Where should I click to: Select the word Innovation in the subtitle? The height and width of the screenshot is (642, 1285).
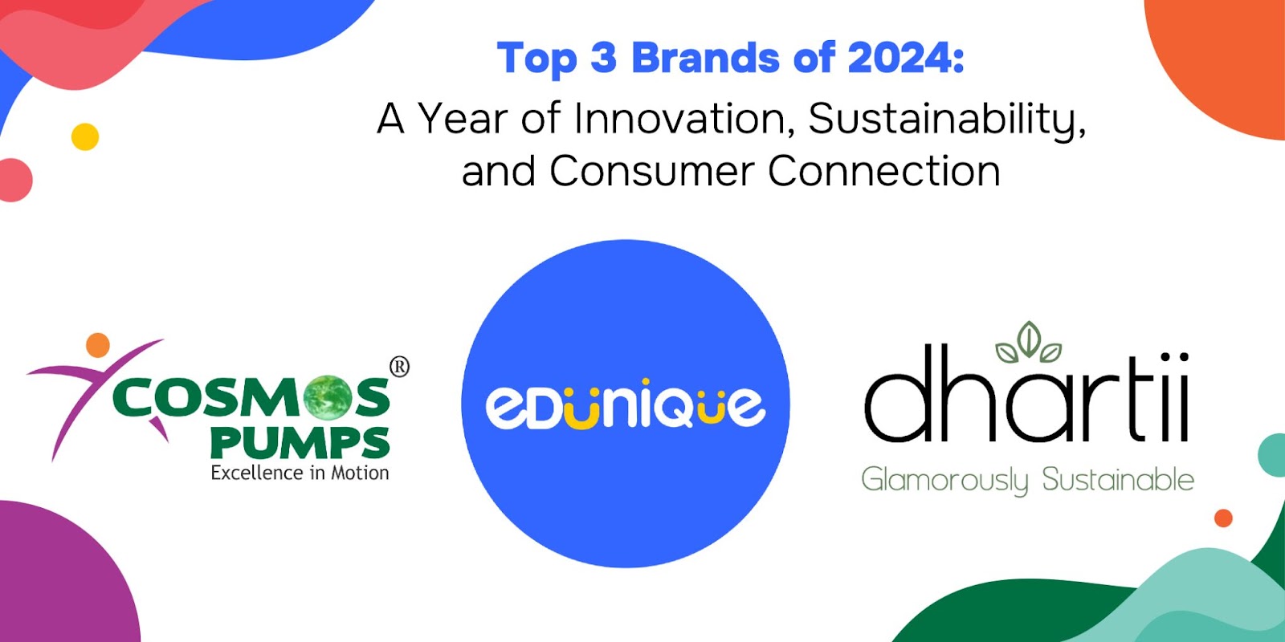(679, 119)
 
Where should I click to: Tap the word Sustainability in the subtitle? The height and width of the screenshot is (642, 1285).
(946, 120)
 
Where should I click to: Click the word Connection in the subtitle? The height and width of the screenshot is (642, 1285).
(884, 171)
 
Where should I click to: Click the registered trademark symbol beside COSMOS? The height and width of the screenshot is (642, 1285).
(399, 367)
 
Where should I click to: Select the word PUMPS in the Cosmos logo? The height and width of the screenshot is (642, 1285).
(300, 442)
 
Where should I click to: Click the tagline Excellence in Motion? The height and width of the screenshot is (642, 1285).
(300, 473)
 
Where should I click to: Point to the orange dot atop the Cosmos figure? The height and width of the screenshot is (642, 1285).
(98, 344)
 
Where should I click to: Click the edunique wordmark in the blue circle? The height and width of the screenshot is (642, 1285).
(626, 404)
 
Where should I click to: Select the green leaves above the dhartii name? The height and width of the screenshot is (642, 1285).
(1029, 343)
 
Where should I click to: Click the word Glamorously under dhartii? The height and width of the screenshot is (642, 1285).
(944, 480)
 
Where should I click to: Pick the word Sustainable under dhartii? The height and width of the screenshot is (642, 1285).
(1118, 480)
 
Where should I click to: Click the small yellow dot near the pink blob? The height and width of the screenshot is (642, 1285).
(85, 137)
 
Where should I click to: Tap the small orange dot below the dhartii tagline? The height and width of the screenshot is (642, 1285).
(1223, 518)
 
